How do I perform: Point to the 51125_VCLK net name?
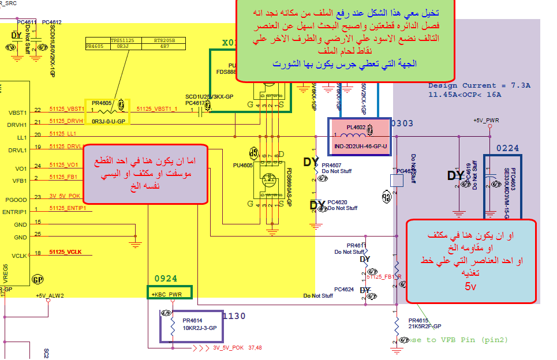[65, 252]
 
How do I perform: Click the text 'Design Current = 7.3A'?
[479, 85]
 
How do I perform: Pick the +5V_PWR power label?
[487, 121]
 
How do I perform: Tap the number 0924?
[166, 279]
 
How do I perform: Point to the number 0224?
[507, 148]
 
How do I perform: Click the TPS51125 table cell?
[122, 40]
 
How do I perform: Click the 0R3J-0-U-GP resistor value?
[109, 122]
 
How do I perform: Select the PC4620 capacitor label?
[337, 202]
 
